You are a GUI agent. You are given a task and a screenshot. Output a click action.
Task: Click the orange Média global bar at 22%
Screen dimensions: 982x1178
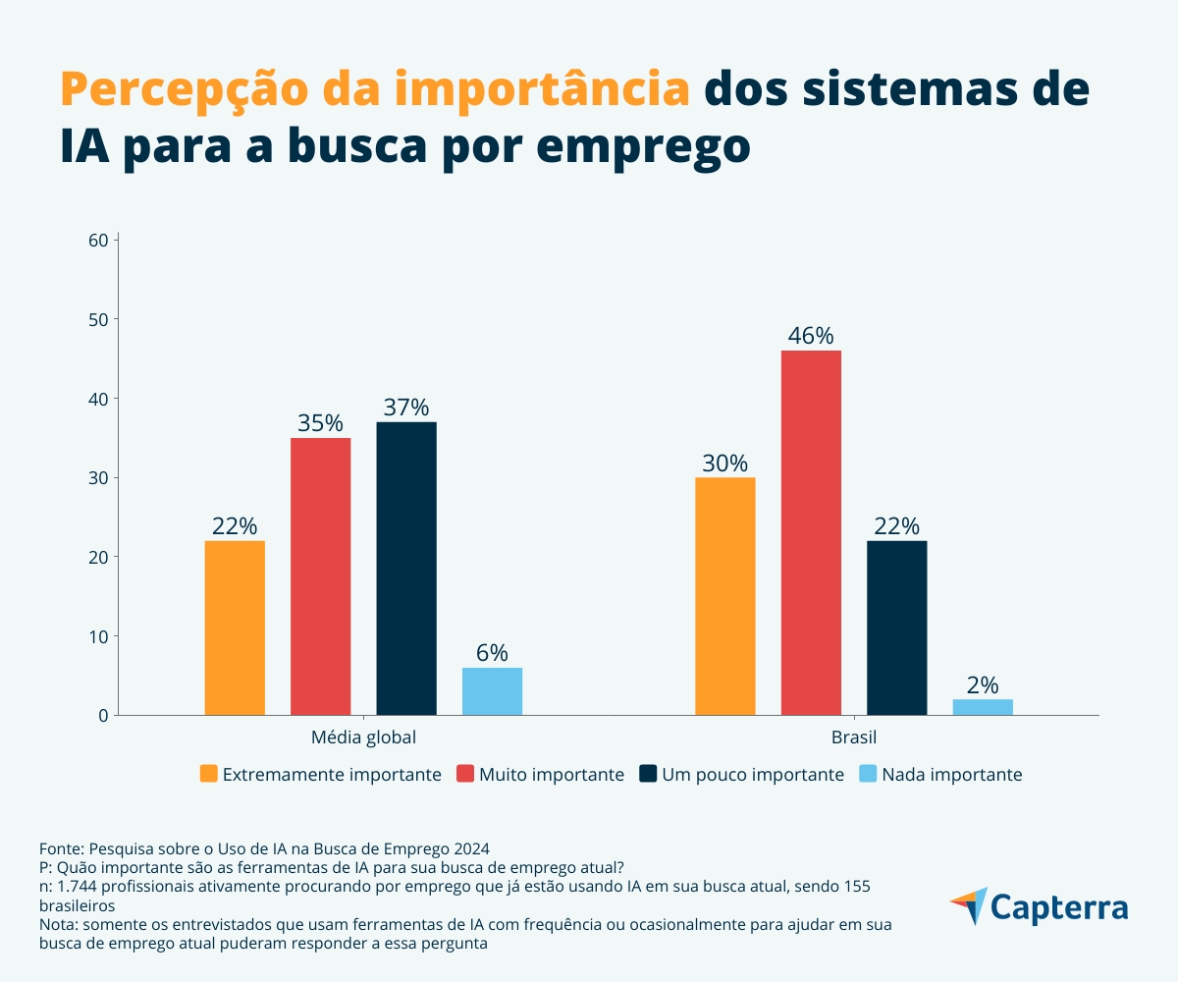click(235, 627)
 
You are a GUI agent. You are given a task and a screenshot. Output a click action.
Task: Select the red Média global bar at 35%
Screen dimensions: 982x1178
click(320, 576)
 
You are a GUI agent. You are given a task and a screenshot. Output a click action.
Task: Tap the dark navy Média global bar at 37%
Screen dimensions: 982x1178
click(406, 569)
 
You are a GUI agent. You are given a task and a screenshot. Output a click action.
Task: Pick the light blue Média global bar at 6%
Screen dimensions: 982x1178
click(492, 691)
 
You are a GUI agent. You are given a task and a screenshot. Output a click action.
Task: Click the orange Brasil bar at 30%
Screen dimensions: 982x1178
click(725, 596)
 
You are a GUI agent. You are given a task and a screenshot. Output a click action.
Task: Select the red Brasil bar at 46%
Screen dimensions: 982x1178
click(811, 532)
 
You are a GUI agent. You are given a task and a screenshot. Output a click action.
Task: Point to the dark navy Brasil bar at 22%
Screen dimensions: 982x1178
click(896, 627)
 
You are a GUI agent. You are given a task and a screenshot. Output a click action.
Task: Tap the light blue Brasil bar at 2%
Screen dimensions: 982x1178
click(983, 707)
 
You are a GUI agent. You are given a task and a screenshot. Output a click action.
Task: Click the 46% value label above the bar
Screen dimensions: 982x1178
click(811, 335)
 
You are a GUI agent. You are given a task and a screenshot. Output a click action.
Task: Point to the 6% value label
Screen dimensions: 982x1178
click(492, 653)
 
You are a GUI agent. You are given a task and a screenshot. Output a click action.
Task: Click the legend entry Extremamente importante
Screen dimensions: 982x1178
click(320, 774)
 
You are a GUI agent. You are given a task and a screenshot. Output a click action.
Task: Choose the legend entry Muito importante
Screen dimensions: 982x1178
click(540, 774)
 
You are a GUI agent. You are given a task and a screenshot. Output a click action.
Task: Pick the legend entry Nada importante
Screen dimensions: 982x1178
click(940, 774)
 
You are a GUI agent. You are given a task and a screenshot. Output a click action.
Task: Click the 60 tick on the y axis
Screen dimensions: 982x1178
click(97, 240)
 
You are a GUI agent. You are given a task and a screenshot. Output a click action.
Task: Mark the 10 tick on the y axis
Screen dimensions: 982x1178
click(97, 636)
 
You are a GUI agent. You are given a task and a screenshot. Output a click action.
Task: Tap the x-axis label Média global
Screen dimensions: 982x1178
click(363, 736)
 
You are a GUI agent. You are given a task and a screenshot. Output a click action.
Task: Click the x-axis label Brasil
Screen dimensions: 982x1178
click(854, 736)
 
